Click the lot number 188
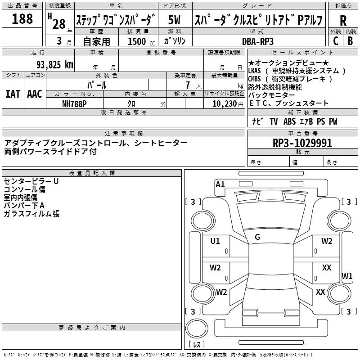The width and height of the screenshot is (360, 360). pos(22,19)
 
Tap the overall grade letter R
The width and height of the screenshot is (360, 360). pos(343,21)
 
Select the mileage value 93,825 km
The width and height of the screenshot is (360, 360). pos(55,65)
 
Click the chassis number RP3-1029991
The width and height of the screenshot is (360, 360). pos(302,143)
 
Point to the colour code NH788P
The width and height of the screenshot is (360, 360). pos(74,104)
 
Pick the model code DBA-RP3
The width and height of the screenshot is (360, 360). pos(258,41)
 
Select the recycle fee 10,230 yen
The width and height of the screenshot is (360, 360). pos(228,104)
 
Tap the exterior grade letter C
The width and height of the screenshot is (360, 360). pos(336,41)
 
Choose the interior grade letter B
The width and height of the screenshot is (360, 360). pos(350,41)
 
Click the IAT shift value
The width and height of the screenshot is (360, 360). pos(13,94)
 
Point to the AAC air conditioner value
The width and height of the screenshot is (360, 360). pos(35,94)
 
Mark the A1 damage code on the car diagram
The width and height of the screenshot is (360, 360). pos(220,184)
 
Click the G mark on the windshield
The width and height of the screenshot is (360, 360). pos(257,237)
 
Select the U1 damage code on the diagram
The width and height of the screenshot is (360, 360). pos(215,241)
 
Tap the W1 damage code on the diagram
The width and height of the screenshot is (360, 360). pos(347,276)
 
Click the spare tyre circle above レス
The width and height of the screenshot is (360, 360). pos(197,328)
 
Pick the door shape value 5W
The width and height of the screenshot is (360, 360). pos(174,20)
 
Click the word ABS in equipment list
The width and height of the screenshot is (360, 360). pos(289,121)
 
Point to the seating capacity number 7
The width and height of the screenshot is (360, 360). pos(188,85)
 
